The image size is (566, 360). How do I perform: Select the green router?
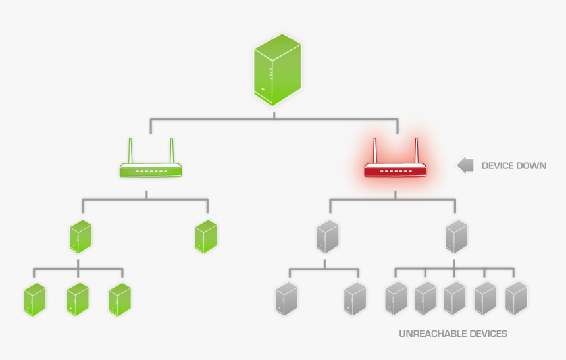151,170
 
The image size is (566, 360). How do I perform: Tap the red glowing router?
396,170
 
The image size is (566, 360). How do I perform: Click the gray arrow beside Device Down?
465,165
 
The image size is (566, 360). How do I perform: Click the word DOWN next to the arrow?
532,166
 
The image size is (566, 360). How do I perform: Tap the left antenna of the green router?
130,150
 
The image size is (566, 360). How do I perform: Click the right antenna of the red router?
417,150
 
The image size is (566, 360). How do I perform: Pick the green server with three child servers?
80,237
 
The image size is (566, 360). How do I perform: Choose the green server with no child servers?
206,237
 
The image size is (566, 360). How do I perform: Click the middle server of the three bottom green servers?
78,299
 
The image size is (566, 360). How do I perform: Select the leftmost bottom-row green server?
35,299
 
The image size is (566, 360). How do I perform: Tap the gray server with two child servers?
327,237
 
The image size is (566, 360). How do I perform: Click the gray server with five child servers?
456,237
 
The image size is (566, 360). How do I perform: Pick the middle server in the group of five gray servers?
455,297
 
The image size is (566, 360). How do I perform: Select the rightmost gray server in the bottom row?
516,297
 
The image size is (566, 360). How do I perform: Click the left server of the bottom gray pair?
286,299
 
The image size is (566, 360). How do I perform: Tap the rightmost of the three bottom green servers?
120,299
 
